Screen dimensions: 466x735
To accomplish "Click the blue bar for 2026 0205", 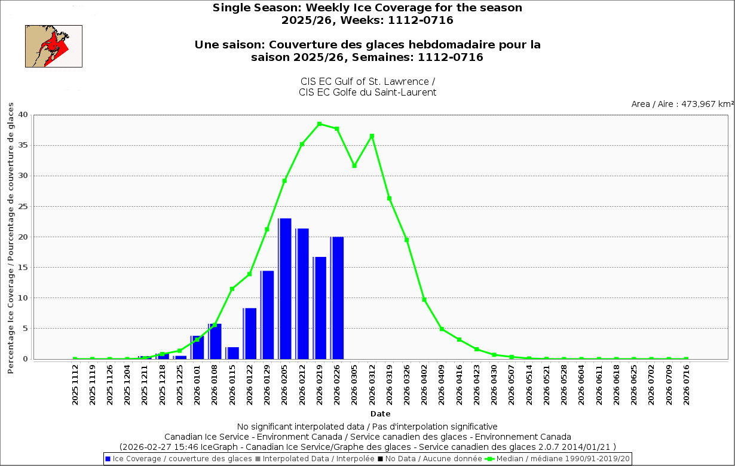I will click(285, 289).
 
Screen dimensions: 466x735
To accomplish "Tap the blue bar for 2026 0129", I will click(267, 315).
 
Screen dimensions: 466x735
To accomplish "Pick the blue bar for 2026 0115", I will click(232, 352).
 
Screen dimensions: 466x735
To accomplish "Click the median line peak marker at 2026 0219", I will click(320, 124).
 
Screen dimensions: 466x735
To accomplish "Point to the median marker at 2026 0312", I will click(372, 136).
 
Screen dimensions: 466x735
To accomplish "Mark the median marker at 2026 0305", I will click(354, 165).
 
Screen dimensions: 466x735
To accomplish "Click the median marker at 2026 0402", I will click(424, 299).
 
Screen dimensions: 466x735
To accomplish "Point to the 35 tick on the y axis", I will click(23, 145).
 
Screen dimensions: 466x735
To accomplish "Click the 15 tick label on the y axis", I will click(23, 267).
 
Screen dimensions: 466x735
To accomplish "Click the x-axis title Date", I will click(380, 413).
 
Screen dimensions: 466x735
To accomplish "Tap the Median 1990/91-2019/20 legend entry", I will click(559, 459).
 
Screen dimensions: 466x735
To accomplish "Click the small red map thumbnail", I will click(54, 46).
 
